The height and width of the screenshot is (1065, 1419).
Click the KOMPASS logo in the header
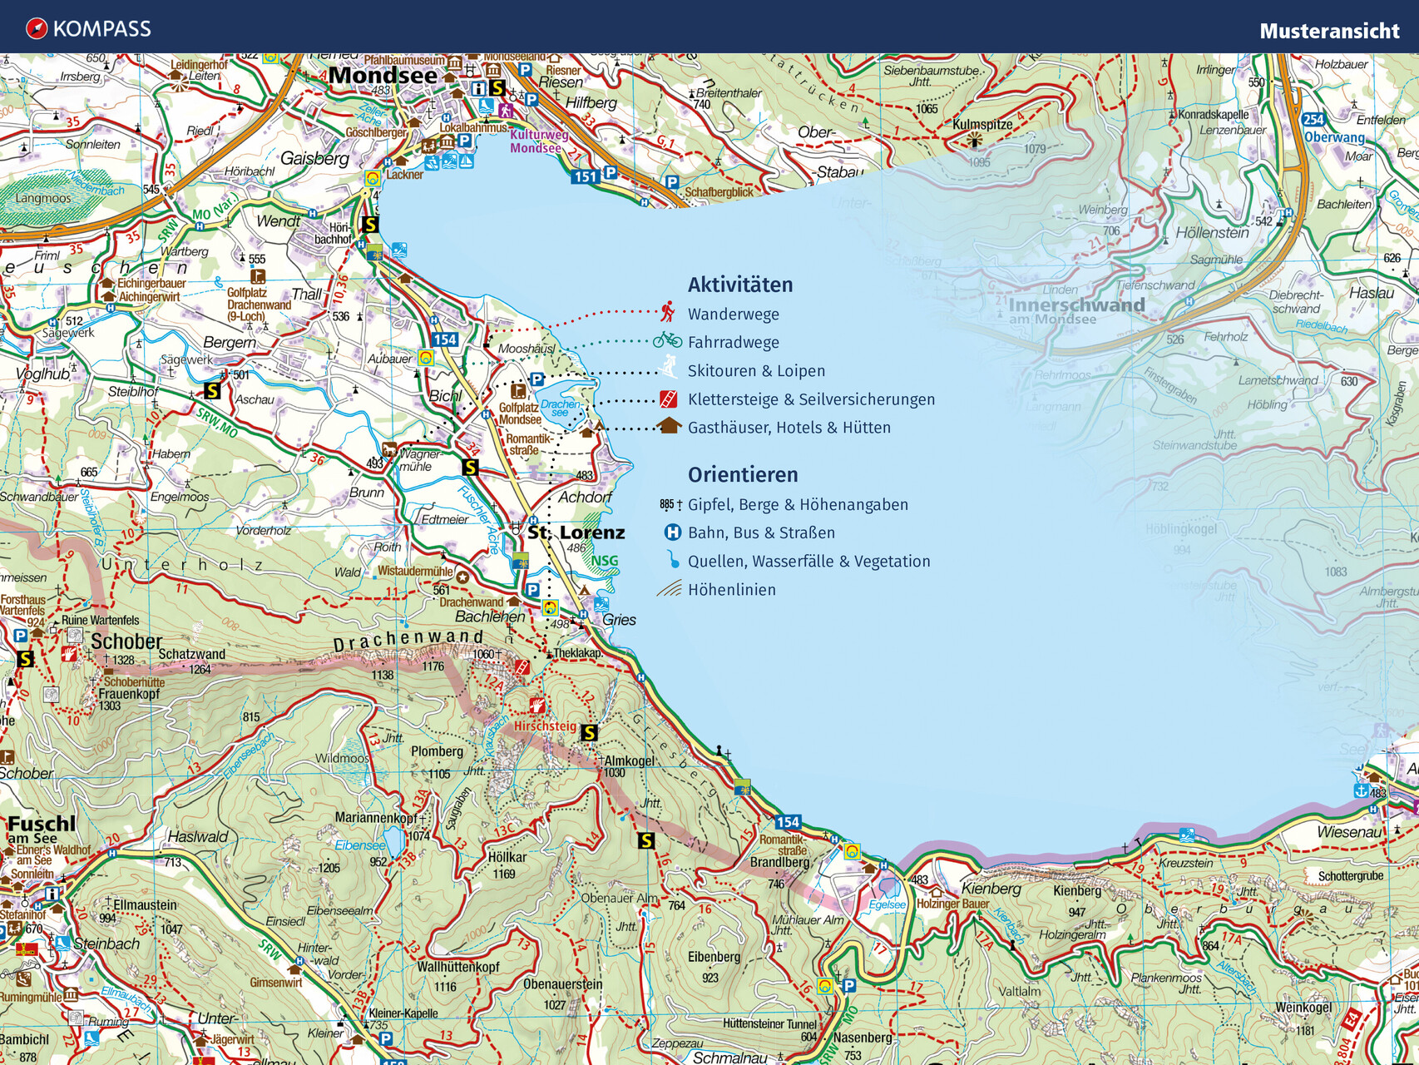(88, 29)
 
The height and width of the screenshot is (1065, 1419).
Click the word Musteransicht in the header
(1328, 32)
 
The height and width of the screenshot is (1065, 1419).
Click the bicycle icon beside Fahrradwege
(667, 340)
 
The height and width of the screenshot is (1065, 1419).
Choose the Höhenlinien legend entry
(731, 590)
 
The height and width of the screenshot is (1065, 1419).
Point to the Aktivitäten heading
(739, 285)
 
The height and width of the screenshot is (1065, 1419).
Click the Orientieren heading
(742, 475)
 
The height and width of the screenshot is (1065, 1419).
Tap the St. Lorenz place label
(576, 532)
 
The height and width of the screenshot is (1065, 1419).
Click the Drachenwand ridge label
(408, 640)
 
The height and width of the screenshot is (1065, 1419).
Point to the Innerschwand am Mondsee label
(1076, 309)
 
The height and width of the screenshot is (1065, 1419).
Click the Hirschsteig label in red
(545, 726)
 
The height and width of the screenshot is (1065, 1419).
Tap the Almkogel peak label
(629, 760)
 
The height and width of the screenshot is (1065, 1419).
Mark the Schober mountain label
(126, 641)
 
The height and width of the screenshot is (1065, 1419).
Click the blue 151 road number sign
(586, 176)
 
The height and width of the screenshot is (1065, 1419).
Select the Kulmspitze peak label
(982, 125)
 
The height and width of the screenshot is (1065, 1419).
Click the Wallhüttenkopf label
(457, 967)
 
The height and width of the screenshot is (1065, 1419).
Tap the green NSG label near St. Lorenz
(605, 561)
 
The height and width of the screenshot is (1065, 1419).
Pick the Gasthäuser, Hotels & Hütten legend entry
(789, 428)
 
